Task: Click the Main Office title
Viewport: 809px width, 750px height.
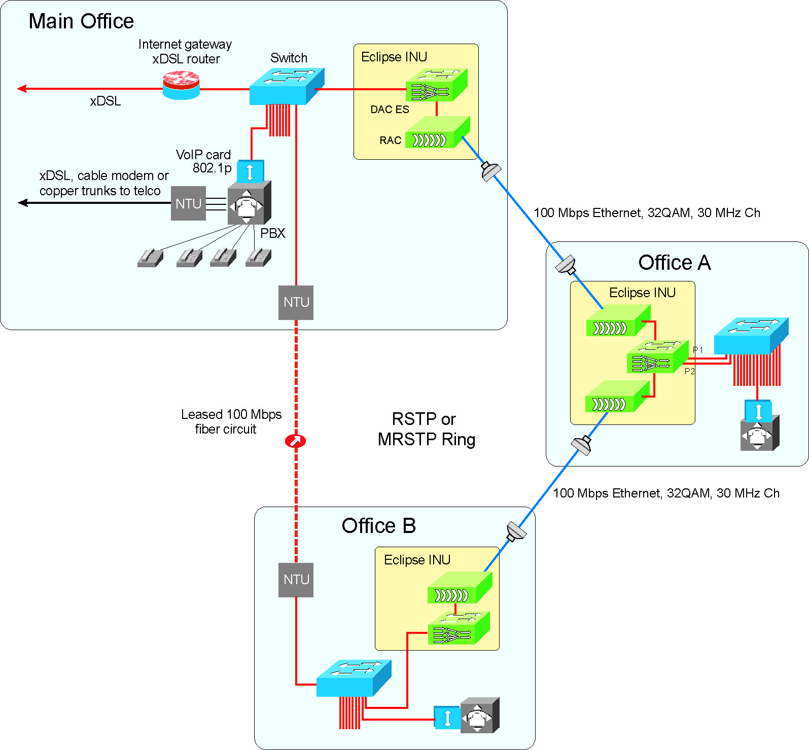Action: pos(81,21)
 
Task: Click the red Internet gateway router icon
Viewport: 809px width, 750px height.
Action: pos(181,85)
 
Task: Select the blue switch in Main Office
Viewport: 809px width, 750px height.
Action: pos(286,87)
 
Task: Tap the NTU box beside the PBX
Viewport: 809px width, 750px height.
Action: pos(188,203)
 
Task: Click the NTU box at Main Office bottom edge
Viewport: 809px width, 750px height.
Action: pos(296,302)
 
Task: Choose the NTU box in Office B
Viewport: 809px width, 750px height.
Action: pos(296,580)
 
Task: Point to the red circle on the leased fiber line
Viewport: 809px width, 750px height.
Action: pos(295,441)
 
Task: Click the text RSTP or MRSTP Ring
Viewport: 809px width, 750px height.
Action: pos(426,429)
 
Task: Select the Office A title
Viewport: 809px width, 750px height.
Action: pos(674,263)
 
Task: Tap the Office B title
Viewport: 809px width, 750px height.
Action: pos(378,526)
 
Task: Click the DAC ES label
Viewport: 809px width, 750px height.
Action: pos(390,110)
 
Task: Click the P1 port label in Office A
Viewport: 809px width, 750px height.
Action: pos(698,350)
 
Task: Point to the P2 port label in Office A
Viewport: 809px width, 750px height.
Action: pos(689,371)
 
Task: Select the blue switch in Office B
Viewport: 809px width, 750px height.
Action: pos(354,678)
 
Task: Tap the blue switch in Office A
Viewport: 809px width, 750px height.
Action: pos(751,336)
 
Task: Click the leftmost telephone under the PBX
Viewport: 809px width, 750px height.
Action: pos(150,258)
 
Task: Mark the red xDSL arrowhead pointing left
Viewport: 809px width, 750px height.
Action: pos(22,89)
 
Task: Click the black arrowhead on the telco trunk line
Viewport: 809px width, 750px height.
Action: pos(22,203)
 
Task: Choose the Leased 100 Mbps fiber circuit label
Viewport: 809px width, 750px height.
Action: pos(231,421)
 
